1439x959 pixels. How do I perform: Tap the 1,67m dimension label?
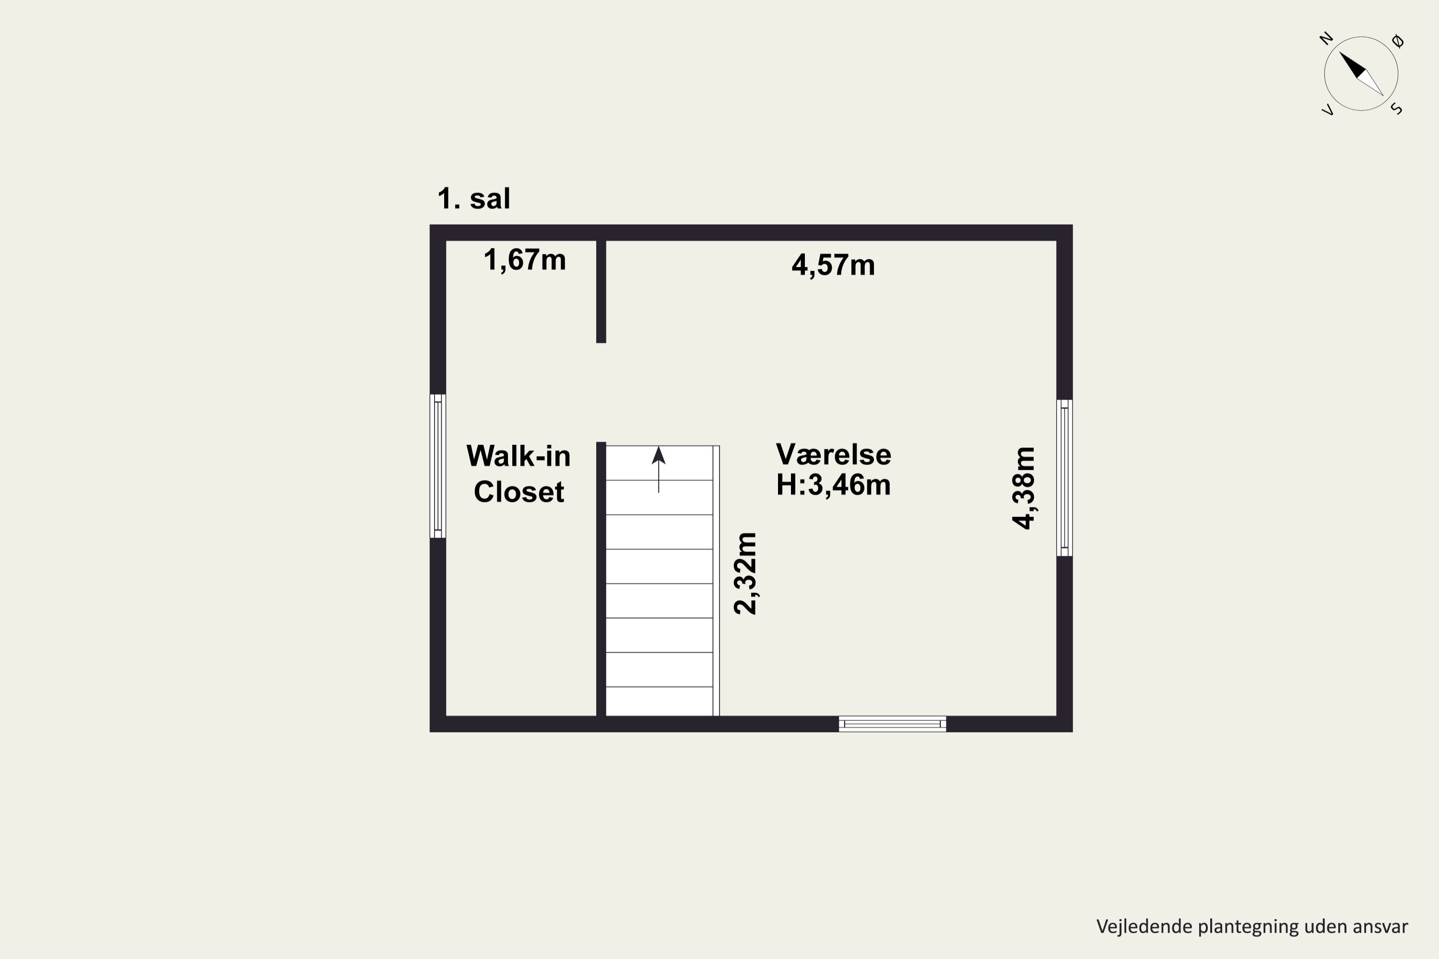coord(525,260)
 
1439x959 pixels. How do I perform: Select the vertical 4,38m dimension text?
coord(1024,488)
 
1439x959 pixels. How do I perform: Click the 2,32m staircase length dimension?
coord(745,573)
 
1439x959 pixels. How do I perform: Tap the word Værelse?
coord(833,455)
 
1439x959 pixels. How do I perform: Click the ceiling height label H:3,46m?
coord(833,485)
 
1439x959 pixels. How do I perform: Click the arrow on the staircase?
coord(658,469)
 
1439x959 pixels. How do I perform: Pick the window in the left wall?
coord(437,466)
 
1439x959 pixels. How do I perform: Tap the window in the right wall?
coord(1064,478)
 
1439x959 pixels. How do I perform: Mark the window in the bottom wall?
coord(892,724)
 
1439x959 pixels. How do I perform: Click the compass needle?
coord(1361,74)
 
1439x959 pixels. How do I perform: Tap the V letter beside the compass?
coord(1328,110)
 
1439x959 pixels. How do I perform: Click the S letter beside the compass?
coord(1397,109)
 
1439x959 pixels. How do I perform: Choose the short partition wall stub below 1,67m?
coord(602,292)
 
